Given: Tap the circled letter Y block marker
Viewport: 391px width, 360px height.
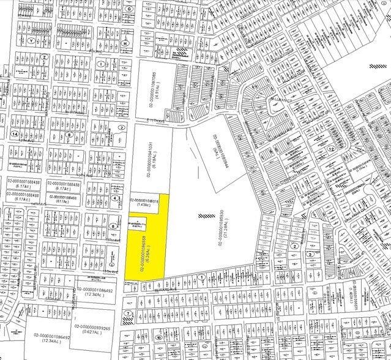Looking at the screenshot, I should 30,39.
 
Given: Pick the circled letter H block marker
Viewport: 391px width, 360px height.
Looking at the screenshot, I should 125,43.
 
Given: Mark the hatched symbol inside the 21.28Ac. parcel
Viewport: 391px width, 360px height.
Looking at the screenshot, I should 203,216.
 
